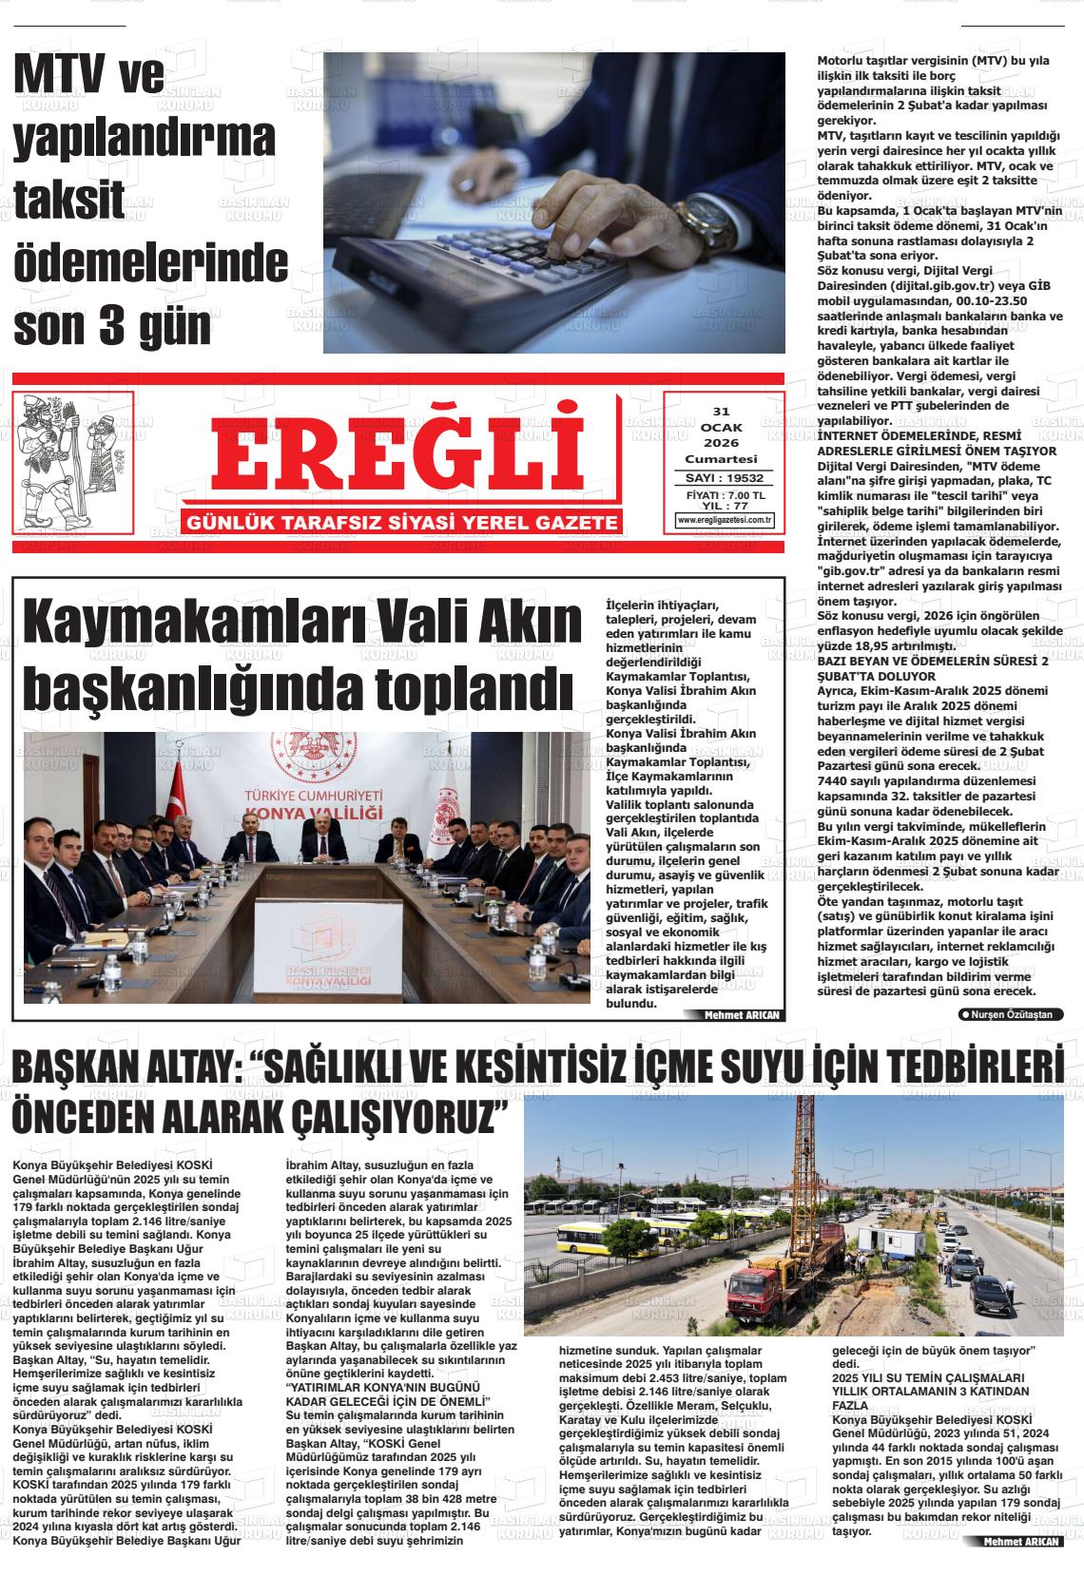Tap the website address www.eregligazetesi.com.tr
pyautogui.click(x=725, y=520)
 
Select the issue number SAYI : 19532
pyautogui.click(x=725, y=478)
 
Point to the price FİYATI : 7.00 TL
pyautogui.click(x=725, y=495)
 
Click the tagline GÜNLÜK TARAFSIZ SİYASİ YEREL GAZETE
pyautogui.click(x=404, y=523)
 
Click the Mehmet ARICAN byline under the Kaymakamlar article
pyautogui.click(x=741, y=1015)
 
